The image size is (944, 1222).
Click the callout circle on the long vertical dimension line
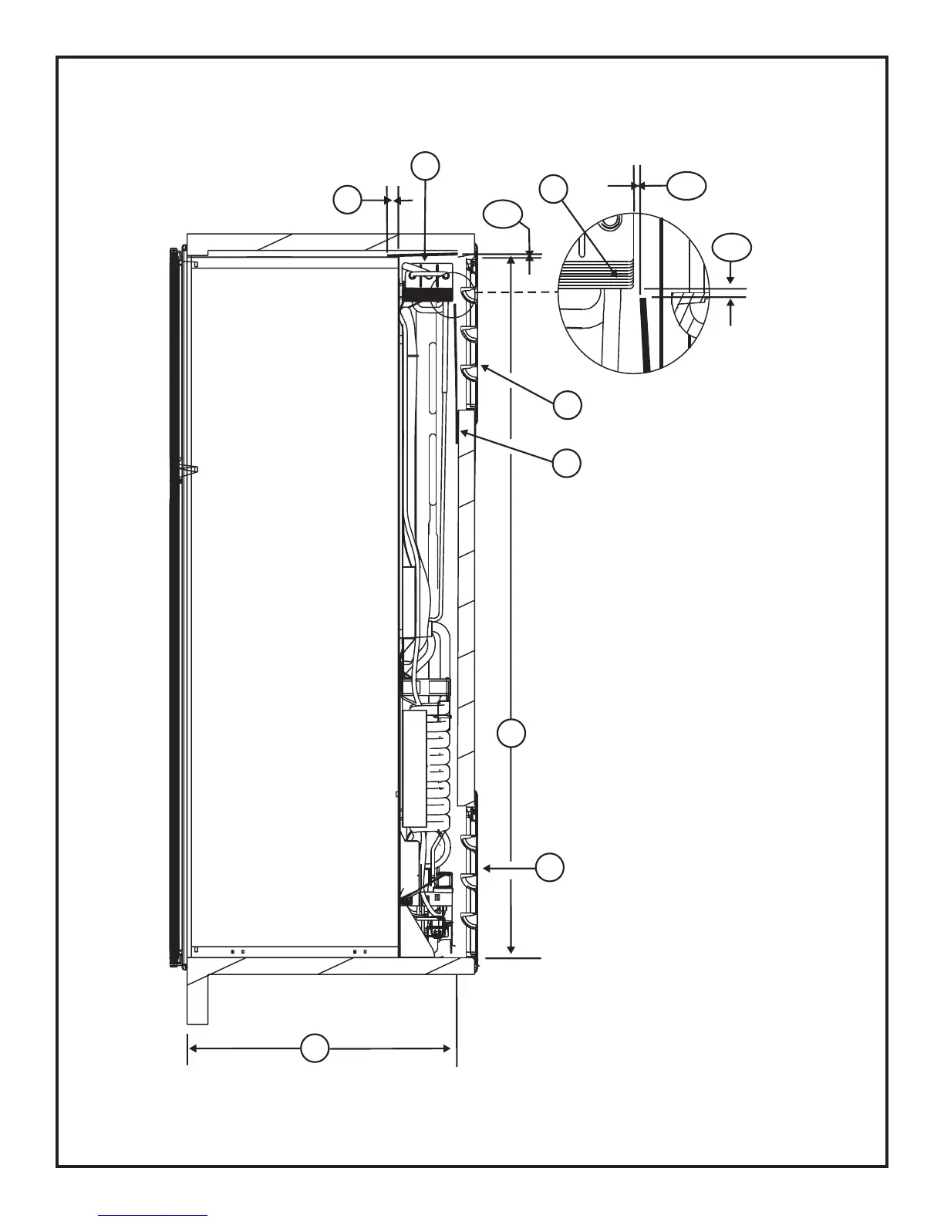511,733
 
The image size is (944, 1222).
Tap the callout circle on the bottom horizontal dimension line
314,1048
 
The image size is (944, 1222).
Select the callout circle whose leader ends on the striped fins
554,189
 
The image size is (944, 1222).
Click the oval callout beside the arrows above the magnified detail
686,185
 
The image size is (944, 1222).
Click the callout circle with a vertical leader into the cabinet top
425,166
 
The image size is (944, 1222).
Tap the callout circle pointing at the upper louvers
568,405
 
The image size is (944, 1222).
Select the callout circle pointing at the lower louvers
550,868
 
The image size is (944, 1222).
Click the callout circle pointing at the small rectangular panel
567,463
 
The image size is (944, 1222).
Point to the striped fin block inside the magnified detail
598,272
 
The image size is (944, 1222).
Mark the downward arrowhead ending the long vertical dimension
511,950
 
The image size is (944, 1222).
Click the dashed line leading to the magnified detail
517,292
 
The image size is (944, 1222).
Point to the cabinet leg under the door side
197,1000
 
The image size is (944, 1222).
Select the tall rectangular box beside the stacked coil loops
414,768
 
